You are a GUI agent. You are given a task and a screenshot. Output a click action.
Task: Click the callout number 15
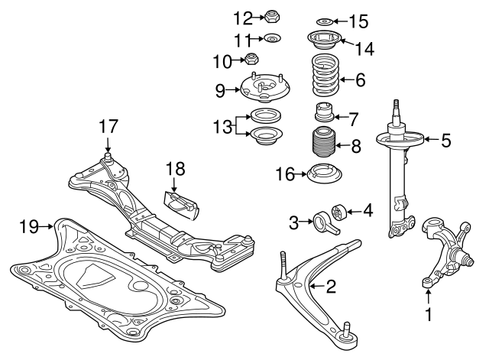click(358, 20)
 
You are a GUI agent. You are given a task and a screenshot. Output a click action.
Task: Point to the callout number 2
click(331, 287)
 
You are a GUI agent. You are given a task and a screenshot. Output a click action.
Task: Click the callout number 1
click(429, 313)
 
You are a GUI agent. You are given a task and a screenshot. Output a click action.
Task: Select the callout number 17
click(108, 125)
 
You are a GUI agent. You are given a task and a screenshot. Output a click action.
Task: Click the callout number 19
click(28, 225)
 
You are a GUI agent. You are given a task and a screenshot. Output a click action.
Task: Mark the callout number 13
click(224, 127)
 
